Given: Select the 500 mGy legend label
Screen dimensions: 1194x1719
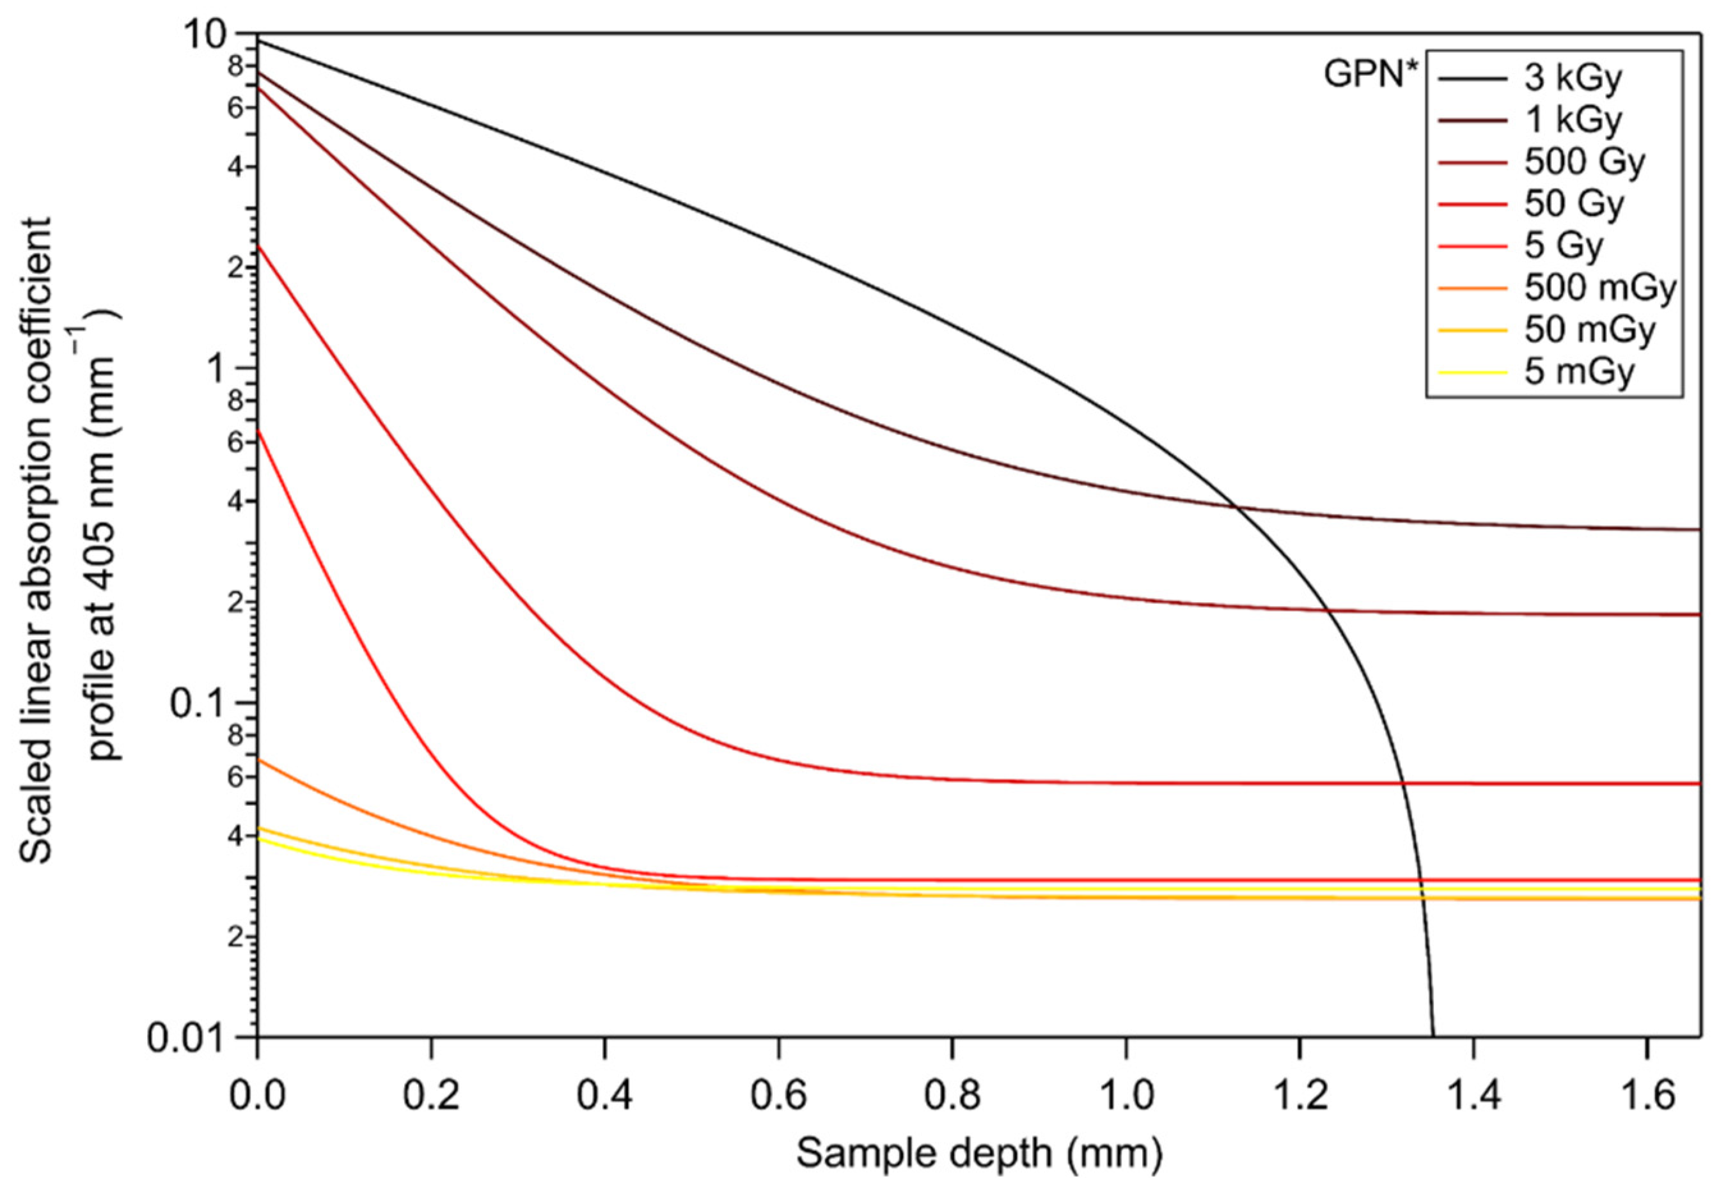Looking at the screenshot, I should click(x=1600, y=288).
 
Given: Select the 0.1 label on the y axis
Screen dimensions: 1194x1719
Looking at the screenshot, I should click(x=198, y=703).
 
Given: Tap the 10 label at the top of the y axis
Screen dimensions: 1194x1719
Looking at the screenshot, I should click(x=203, y=35).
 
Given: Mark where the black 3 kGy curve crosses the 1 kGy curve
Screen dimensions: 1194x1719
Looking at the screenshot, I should click(x=1236, y=508).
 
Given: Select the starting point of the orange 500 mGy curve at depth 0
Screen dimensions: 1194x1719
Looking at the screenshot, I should click(x=258, y=759).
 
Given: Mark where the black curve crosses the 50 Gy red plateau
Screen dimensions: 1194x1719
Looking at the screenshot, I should click(x=1402, y=784).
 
